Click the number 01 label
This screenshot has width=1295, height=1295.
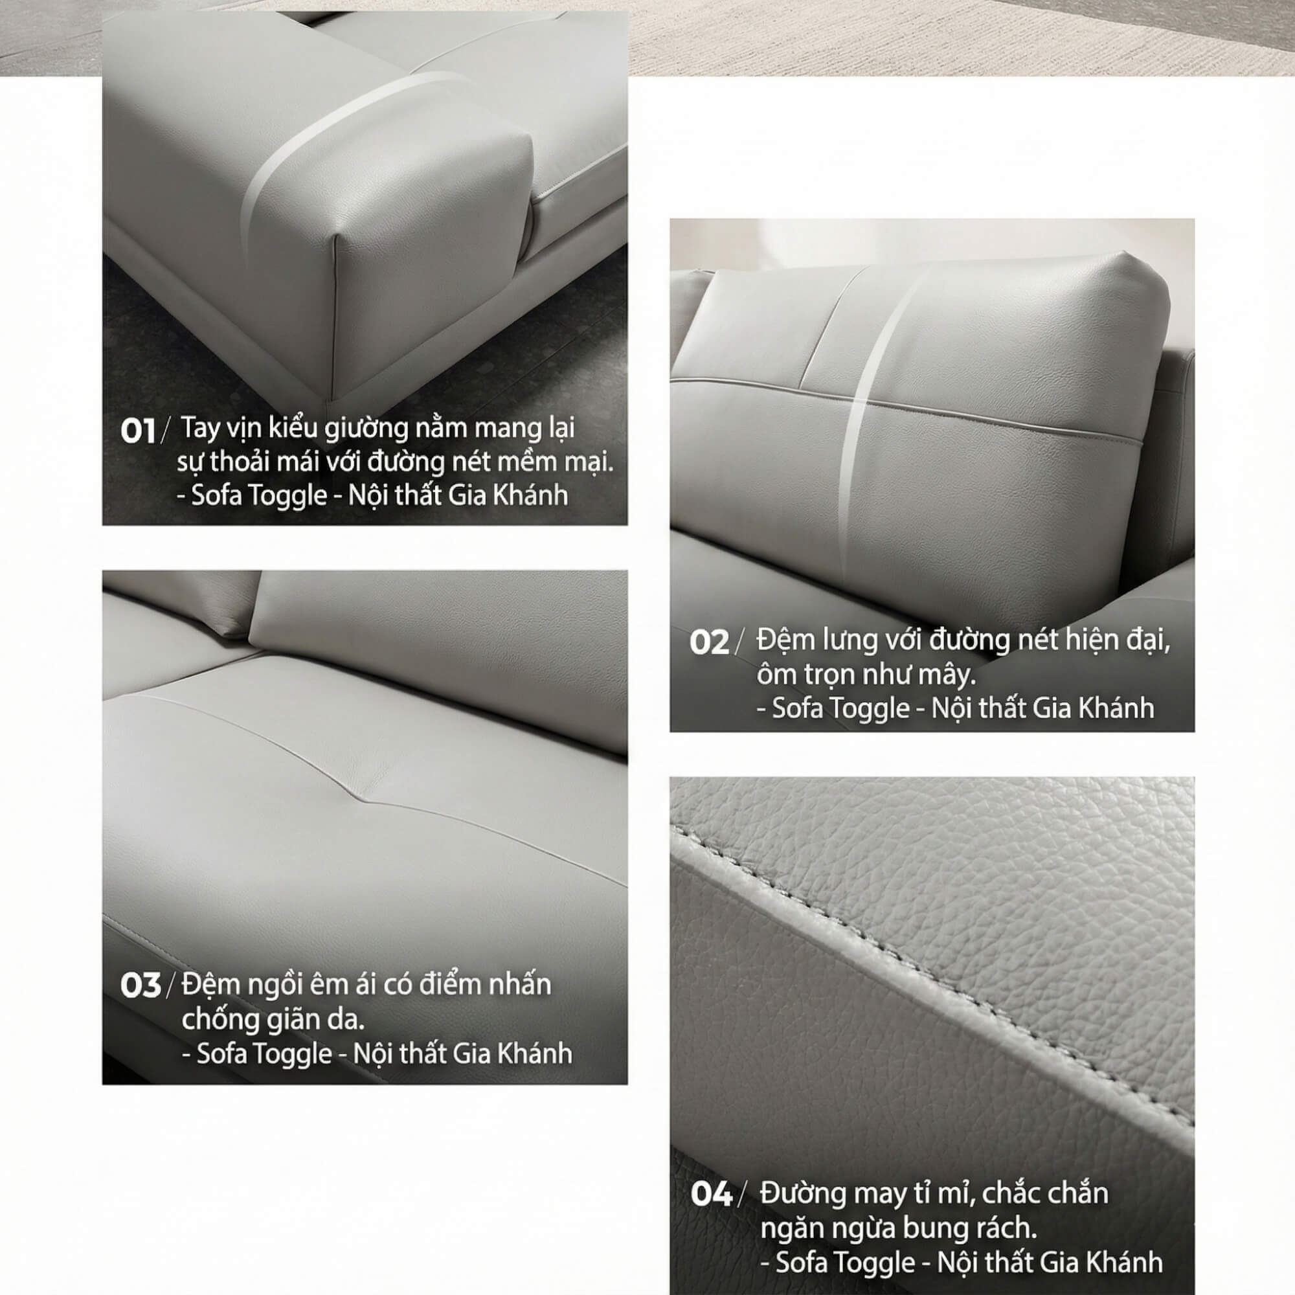click(x=137, y=431)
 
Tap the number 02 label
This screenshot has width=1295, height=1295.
click(x=708, y=643)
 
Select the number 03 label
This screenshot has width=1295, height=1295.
click(x=140, y=986)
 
